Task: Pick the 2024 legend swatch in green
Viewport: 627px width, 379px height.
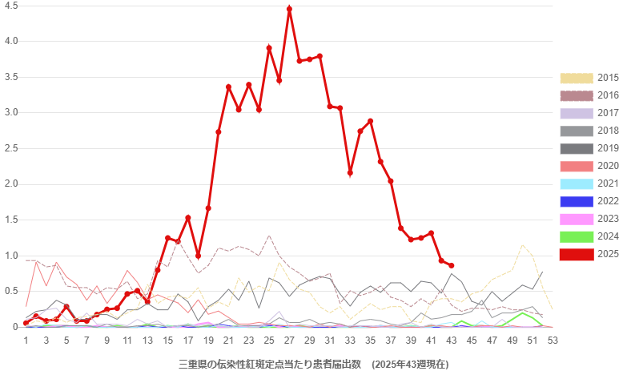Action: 577,236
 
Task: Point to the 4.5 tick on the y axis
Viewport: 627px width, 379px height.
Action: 11,5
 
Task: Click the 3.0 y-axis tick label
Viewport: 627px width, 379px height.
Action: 11,112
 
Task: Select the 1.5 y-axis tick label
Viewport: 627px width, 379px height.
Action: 11,220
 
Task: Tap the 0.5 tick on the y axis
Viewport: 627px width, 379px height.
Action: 11,291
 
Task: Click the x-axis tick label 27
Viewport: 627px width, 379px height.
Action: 289,341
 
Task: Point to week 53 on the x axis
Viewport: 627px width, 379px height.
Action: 553,341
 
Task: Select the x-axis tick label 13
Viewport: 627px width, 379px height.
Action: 147,341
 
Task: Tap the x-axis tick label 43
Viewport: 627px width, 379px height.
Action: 452,341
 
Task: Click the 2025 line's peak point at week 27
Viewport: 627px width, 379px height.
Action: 289,8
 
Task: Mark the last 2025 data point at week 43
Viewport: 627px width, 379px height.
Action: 452,265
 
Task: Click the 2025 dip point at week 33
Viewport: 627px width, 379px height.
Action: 350,172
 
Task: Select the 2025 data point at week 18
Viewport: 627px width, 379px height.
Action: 198,256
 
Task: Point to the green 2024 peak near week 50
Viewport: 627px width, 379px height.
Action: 523,312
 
